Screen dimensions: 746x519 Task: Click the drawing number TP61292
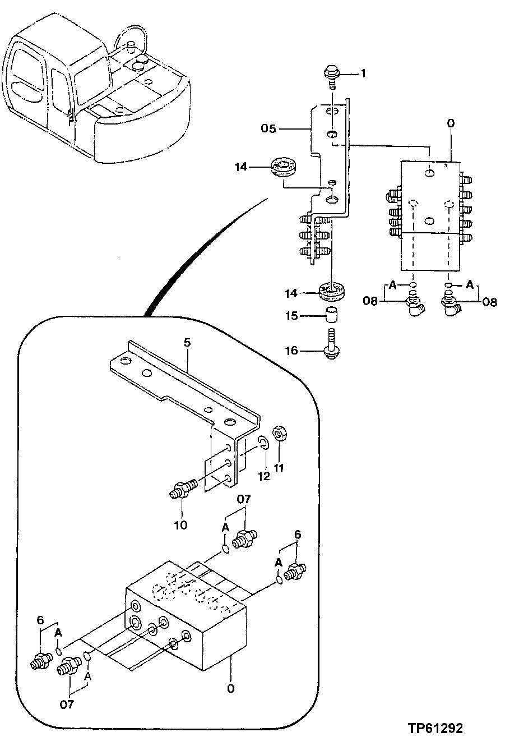coord(435,729)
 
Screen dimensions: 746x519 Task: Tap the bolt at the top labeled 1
coord(331,75)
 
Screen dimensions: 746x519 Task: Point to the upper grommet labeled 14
coord(284,167)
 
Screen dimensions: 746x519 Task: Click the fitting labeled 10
coord(182,487)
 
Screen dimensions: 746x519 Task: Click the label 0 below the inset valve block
coord(230,689)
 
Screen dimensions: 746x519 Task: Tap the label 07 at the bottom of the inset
coord(67,704)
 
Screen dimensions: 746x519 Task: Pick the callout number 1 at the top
coord(363,73)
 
